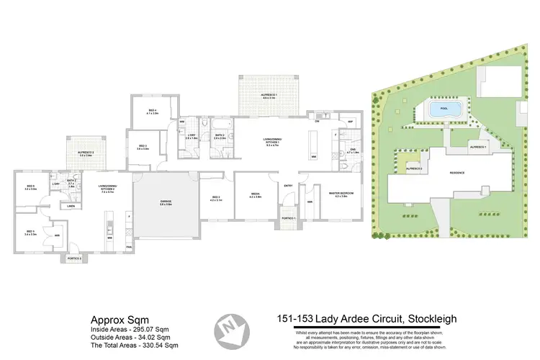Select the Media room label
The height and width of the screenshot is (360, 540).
(x=255, y=194)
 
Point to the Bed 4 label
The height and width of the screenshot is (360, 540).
(x=152, y=112)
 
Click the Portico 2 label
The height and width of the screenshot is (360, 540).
(x=74, y=257)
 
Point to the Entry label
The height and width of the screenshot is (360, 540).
(x=289, y=186)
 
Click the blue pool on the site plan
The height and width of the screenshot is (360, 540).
(x=443, y=110)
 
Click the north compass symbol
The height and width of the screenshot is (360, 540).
(x=233, y=328)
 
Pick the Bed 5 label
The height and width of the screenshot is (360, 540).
(x=30, y=232)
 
